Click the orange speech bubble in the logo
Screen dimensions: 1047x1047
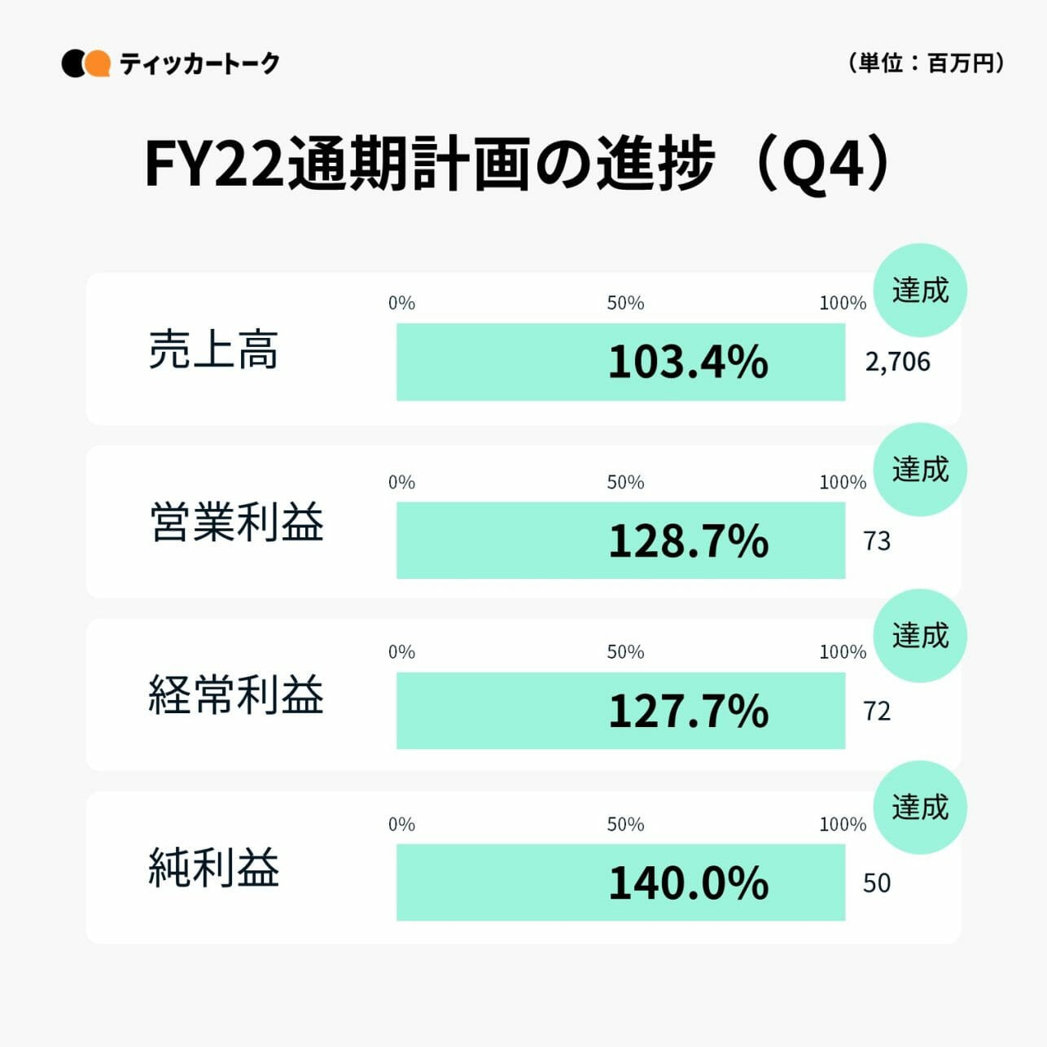[98, 64]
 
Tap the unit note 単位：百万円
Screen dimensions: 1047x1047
[927, 63]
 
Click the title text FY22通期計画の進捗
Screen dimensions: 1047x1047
[430, 164]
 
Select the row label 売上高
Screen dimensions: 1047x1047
[213, 351]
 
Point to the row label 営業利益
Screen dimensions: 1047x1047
[237, 522]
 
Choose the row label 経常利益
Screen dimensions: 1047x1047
[236, 694]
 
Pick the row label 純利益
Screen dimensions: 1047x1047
[213, 867]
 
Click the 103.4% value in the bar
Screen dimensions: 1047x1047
[688, 361]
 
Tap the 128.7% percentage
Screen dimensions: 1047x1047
[688, 541]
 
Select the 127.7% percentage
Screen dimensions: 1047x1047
[688, 711]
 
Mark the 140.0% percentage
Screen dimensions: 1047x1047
[688, 883]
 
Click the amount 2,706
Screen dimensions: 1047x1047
[897, 361]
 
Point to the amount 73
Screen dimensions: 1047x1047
[877, 541]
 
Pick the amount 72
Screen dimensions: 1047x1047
[877, 711]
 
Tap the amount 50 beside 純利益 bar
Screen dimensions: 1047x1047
[877, 883]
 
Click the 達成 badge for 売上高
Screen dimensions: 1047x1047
[920, 290]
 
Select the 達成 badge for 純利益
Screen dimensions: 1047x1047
[920, 807]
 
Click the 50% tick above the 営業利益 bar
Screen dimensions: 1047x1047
[625, 482]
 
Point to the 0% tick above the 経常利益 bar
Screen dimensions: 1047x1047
[401, 652]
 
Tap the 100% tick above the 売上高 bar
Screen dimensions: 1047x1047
[843, 303]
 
